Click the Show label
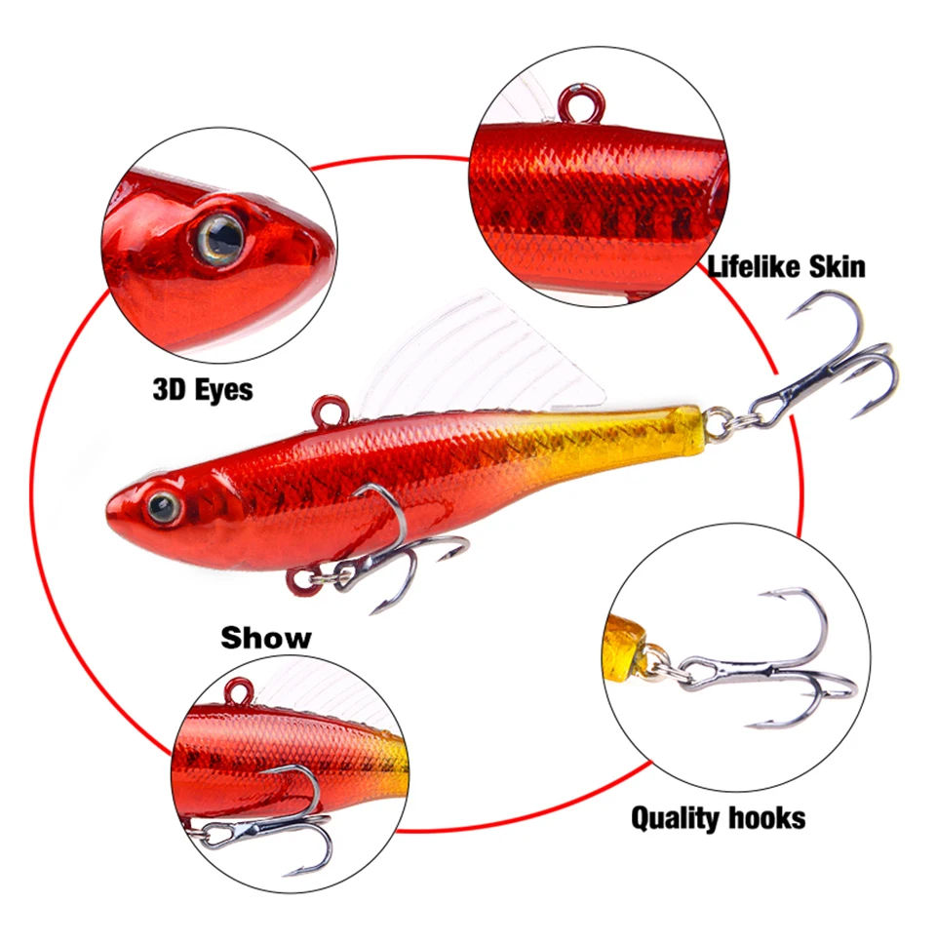coord(266,638)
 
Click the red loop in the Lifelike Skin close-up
coord(580,102)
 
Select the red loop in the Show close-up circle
coord(239,690)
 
